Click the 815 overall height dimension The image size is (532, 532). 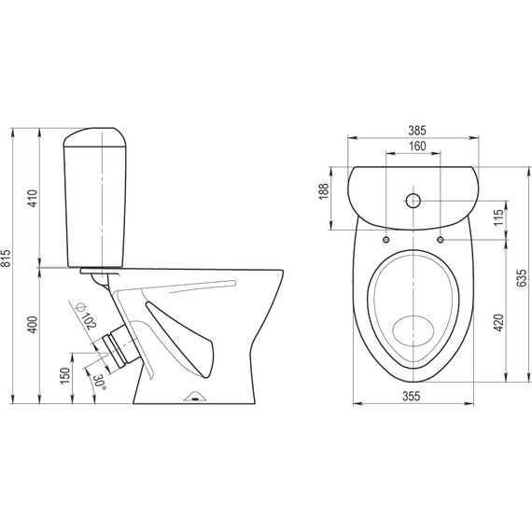(7, 259)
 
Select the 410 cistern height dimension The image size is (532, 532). (32, 199)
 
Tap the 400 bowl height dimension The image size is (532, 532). (32, 325)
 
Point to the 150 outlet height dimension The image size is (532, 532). (64, 375)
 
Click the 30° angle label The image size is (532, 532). (100, 383)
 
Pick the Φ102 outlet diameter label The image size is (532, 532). (86, 315)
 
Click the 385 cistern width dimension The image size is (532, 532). (417, 131)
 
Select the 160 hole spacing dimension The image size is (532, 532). (417, 147)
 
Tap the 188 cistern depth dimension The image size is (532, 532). (324, 191)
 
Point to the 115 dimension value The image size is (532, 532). (498, 217)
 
